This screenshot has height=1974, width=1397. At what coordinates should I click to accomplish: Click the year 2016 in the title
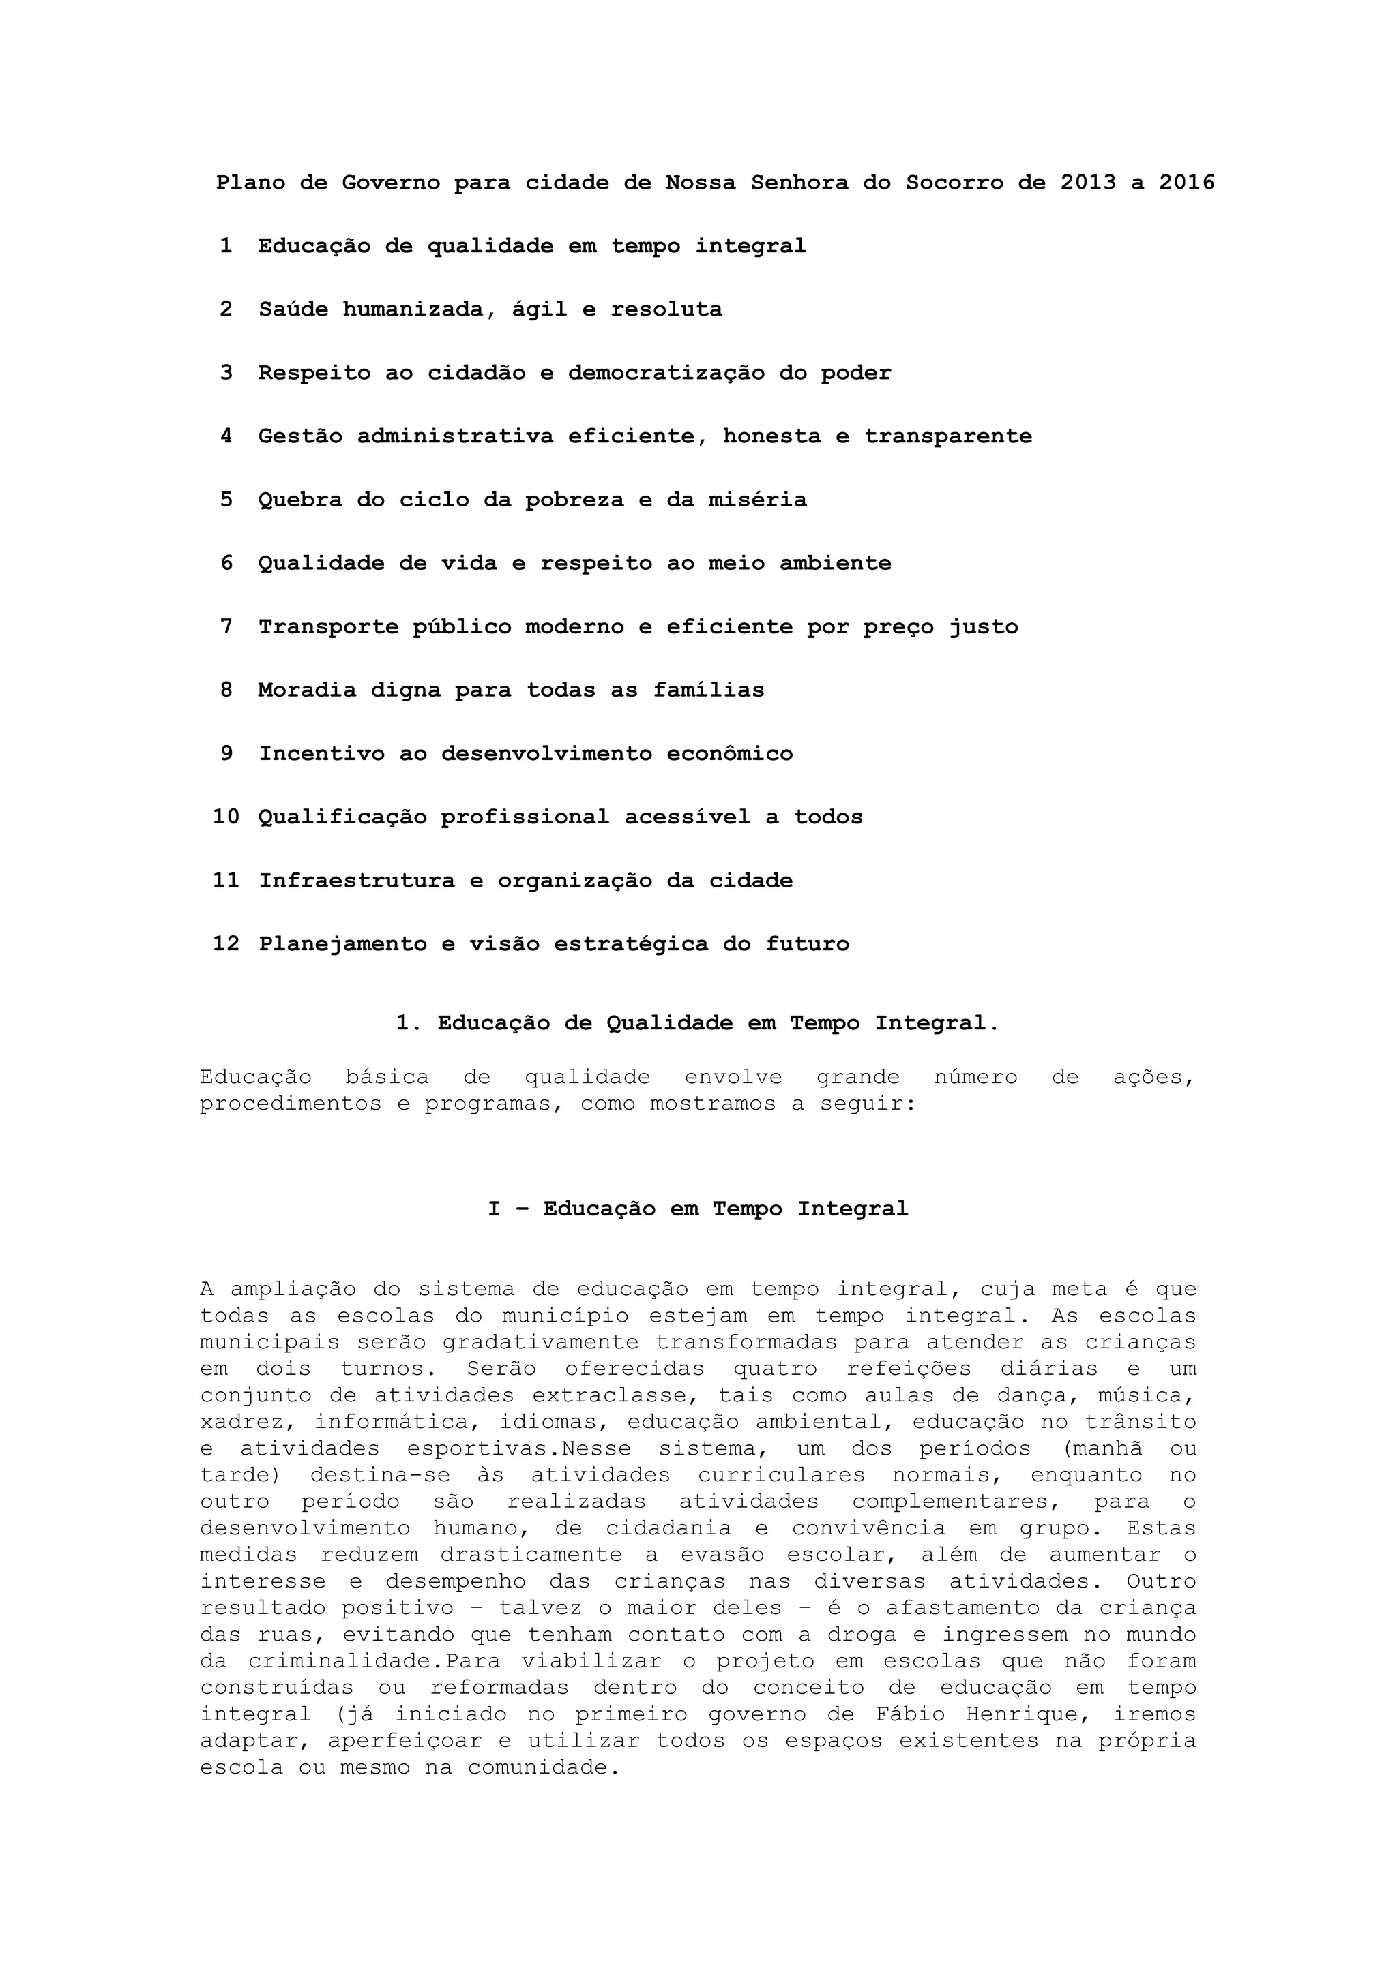[1186, 182]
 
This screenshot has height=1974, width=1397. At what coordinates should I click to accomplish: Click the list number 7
[226, 627]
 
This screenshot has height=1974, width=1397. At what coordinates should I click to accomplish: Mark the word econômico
[729, 754]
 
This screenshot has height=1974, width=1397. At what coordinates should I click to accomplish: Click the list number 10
[225, 817]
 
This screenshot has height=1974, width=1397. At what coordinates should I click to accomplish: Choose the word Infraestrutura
[357, 881]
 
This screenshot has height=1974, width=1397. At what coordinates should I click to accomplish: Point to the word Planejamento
[342, 944]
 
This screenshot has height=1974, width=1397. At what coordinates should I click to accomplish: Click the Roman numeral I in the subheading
[494, 1209]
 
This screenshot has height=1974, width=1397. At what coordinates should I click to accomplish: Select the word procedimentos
[291, 1104]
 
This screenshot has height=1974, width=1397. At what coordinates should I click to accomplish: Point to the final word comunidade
[543, 1767]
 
